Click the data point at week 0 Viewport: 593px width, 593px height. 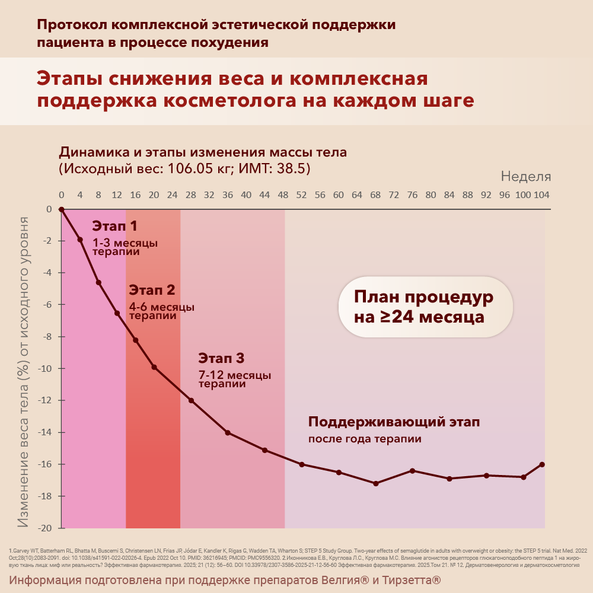pos(61,209)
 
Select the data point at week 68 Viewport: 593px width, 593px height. pos(375,483)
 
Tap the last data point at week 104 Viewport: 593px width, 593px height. pos(542,464)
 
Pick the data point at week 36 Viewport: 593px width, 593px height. pos(228,433)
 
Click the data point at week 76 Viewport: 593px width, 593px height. pos(412,470)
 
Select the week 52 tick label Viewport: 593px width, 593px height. pos(301,195)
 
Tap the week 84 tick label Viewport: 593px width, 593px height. pos(449,195)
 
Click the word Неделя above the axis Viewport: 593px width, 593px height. pos(526,176)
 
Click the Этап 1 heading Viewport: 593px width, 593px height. pos(114,225)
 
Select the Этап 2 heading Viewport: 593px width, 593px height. pos(152,290)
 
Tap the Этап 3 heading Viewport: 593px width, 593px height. pos(221,358)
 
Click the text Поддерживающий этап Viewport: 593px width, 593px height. pos(394,422)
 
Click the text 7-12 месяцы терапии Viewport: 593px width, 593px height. pos(235,380)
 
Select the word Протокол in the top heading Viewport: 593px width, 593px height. pos(71,25)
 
